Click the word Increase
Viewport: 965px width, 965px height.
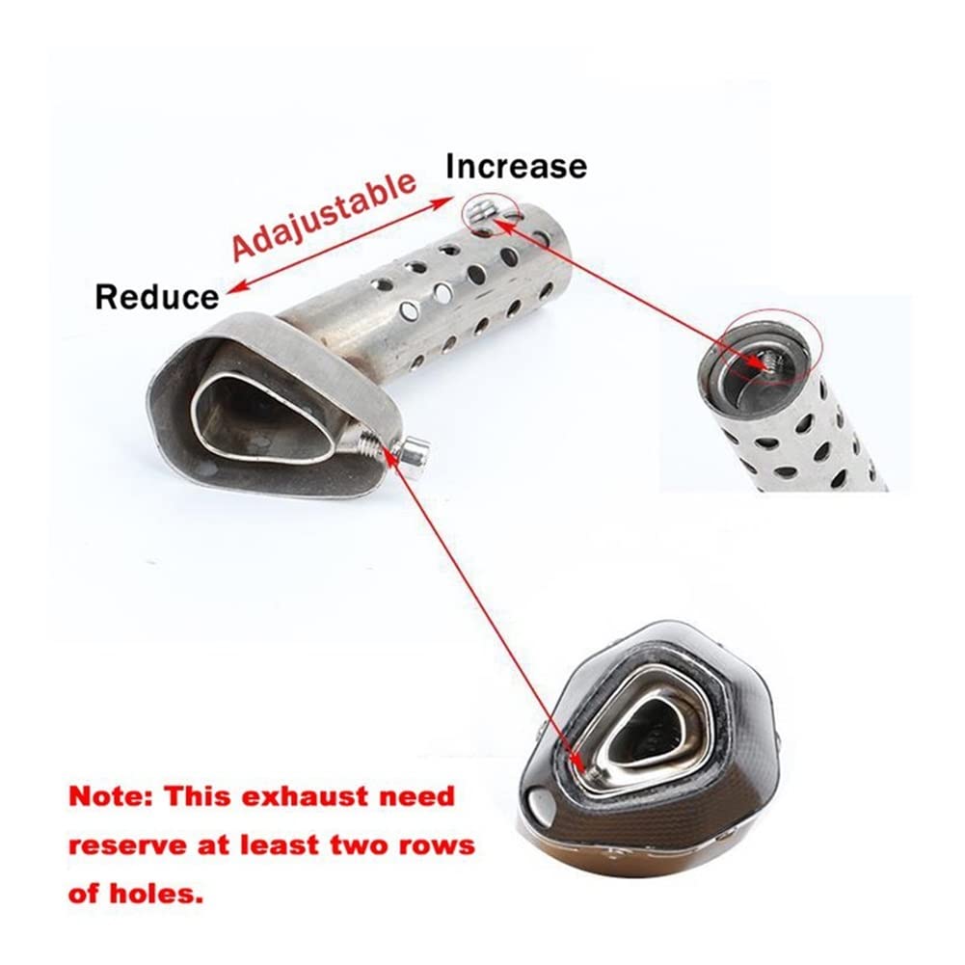[x=516, y=167]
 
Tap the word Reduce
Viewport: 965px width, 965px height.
[x=157, y=297]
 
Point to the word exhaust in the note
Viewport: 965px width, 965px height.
[x=304, y=797]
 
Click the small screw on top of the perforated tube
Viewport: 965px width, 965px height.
[x=481, y=211]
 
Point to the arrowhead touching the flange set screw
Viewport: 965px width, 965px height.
[x=390, y=453]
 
